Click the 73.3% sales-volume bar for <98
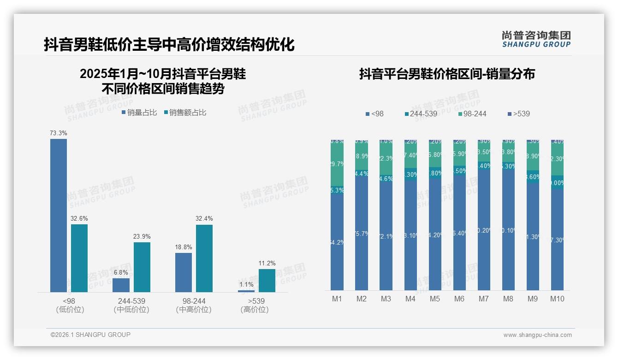click(x=59, y=215)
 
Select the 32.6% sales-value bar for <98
click(x=79, y=258)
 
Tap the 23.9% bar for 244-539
click(x=142, y=267)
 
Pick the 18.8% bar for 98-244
click(x=184, y=272)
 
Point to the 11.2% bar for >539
click(x=267, y=280)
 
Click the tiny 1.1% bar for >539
click(x=246, y=291)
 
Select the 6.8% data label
click(x=121, y=273)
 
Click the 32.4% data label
click(x=204, y=219)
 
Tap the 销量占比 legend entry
click(x=139, y=113)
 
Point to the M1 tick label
click(x=337, y=299)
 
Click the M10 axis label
click(x=557, y=299)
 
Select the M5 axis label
click(x=435, y=299)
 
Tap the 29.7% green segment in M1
click(x=337, y=164)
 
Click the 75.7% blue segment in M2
click(x=362, y=234)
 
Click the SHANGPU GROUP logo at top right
click(x=536, y=39)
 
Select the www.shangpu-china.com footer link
click(x=537, y=335)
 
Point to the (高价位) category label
click(x=254, y=310)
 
